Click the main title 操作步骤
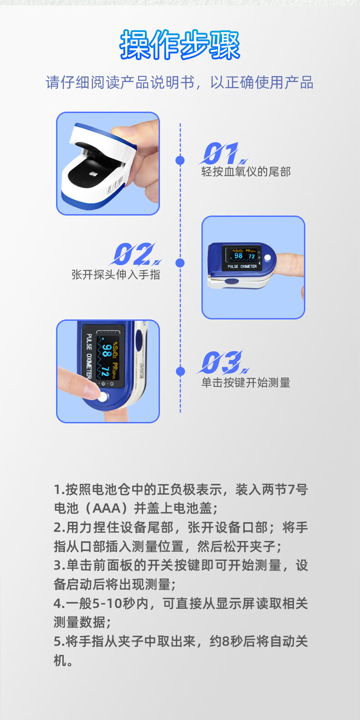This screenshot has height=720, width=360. tap(180, 45)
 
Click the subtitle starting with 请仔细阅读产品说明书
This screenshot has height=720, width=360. tap(180, 82)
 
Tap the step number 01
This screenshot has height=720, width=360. tap(221, 153)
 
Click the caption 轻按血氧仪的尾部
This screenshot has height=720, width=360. tap(246, 172)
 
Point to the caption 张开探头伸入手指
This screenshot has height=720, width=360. tap(116, 274)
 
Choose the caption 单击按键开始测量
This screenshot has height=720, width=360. tap(246, 383)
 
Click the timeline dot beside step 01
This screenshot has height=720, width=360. tap(180, 160)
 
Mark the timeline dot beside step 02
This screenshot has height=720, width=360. tap(180, 263)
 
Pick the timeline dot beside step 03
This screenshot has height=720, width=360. tap(180, 371)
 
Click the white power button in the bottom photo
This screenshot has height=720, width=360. tap(103, 397)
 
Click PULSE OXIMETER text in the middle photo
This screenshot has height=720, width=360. tap(242, 267)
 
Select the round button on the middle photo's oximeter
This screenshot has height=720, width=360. tap(267, 258)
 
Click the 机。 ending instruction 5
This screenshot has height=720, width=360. tap(63, 661)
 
